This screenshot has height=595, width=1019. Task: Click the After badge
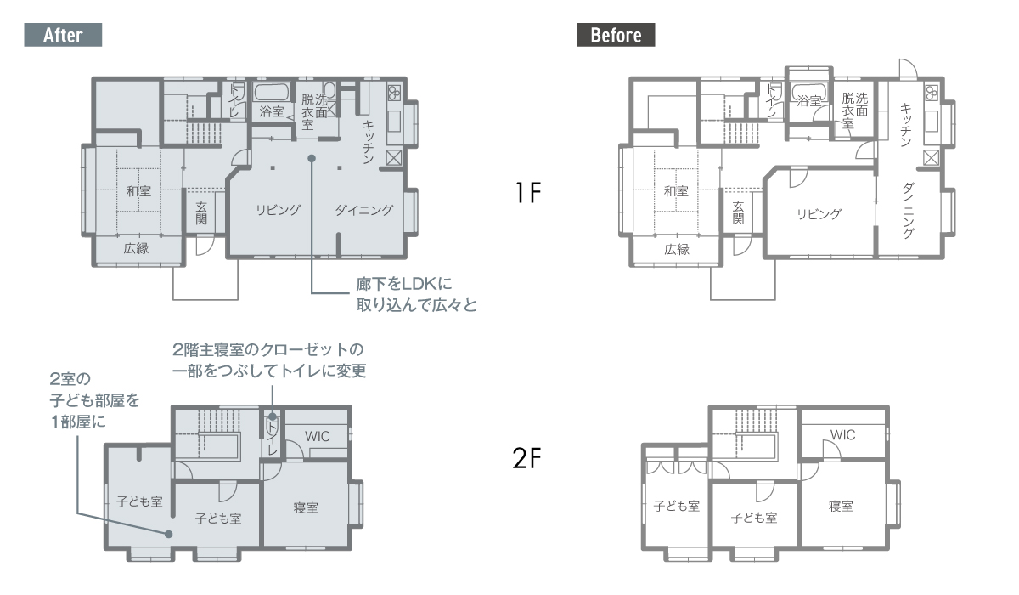pyautogui.click(x=63, y=35)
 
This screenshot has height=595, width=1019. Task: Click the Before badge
pyautogui.click(x=616, y=35)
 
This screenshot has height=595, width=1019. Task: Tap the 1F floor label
pyautogui.click(x=527, y=192)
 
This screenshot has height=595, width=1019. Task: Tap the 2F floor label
pyautogui.click(x=526, y=458)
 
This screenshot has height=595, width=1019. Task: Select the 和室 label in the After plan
pyautogui.click(x=138, y=190)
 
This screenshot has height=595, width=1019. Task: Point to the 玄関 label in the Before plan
pyautogui.click(x=738, y=212)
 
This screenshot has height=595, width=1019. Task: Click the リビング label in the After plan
pyautogui.click(x=278, y=210)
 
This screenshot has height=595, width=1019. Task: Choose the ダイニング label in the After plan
pyautogui.click(x=364, y=210)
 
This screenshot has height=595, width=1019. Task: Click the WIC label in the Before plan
pyautogui.click(x=842, y=434)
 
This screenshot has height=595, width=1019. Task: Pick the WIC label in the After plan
pyautogui.click(x=317, y=436)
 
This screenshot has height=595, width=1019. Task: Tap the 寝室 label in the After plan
pyautogui.click(x=306, y=507)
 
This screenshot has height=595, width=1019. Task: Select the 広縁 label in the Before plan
pyautogui.click(x=677, y=249)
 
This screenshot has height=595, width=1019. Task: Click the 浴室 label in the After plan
pyautogui.click(x=272, y=111)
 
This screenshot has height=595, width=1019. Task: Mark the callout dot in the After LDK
pyautogui.click(x=312, y=158)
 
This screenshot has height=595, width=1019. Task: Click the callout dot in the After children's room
pyautogui.click(x=168, y=534)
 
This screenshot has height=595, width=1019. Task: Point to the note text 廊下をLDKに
pyautogui.click(x=404, y=284)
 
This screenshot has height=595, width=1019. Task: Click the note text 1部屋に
pyautogui.click(x=78, y=422)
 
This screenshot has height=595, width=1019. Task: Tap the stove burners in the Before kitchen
pyautogui.click(x=932, y=93)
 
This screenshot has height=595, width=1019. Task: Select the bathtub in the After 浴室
pyautogui.click(x=272, y=92)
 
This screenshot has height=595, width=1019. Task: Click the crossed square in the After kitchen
pyautogui.click(x=393, y=158)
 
